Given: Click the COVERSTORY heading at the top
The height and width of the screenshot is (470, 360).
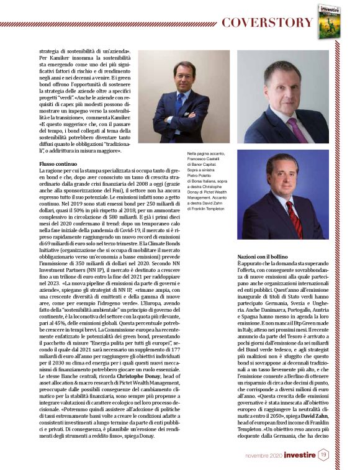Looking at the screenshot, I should click(267, 23).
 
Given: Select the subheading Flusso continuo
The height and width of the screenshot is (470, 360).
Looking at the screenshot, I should click(57, 162).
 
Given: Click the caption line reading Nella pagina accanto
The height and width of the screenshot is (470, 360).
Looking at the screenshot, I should click(205, 153).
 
